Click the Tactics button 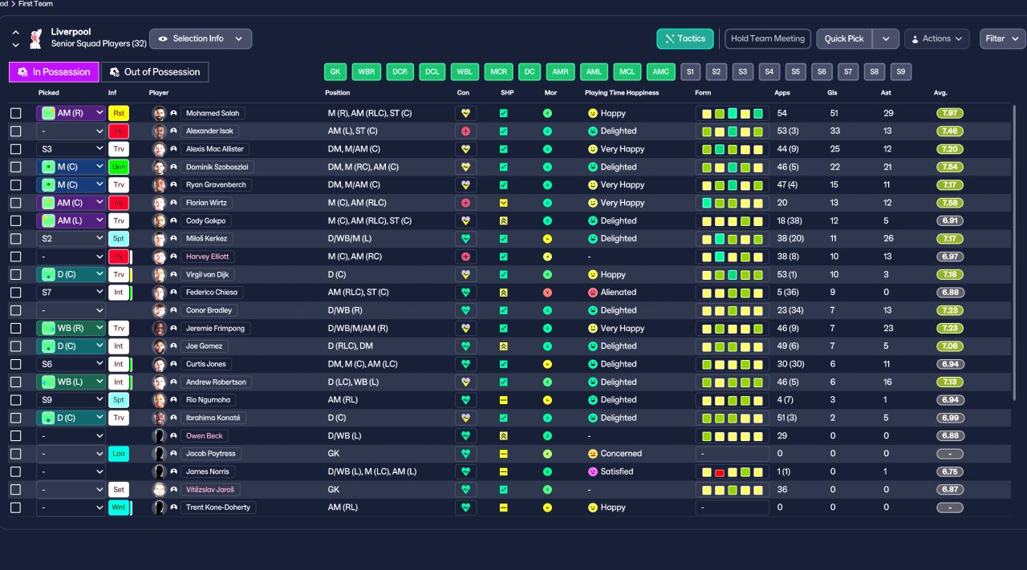coord(685,38)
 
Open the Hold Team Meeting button coord(768,38)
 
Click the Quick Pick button coord(844,38)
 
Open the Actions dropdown coord(936,38)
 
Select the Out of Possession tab coord(155,72)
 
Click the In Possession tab coord(54,72)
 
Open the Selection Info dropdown coord(201,38)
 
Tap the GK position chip coord(335,71)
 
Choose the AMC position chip coord(660,71)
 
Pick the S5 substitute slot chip coord(795,71)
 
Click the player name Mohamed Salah coord(213,113)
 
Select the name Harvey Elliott coord(207,257)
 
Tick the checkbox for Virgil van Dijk coord(15,274)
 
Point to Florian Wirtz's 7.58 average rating coord(949,203)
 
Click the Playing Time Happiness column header coord(622,92)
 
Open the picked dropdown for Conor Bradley coord(71,310)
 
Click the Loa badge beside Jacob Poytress coord(118,454)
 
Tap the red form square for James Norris coord(720,472)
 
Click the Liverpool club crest coord(36,38)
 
